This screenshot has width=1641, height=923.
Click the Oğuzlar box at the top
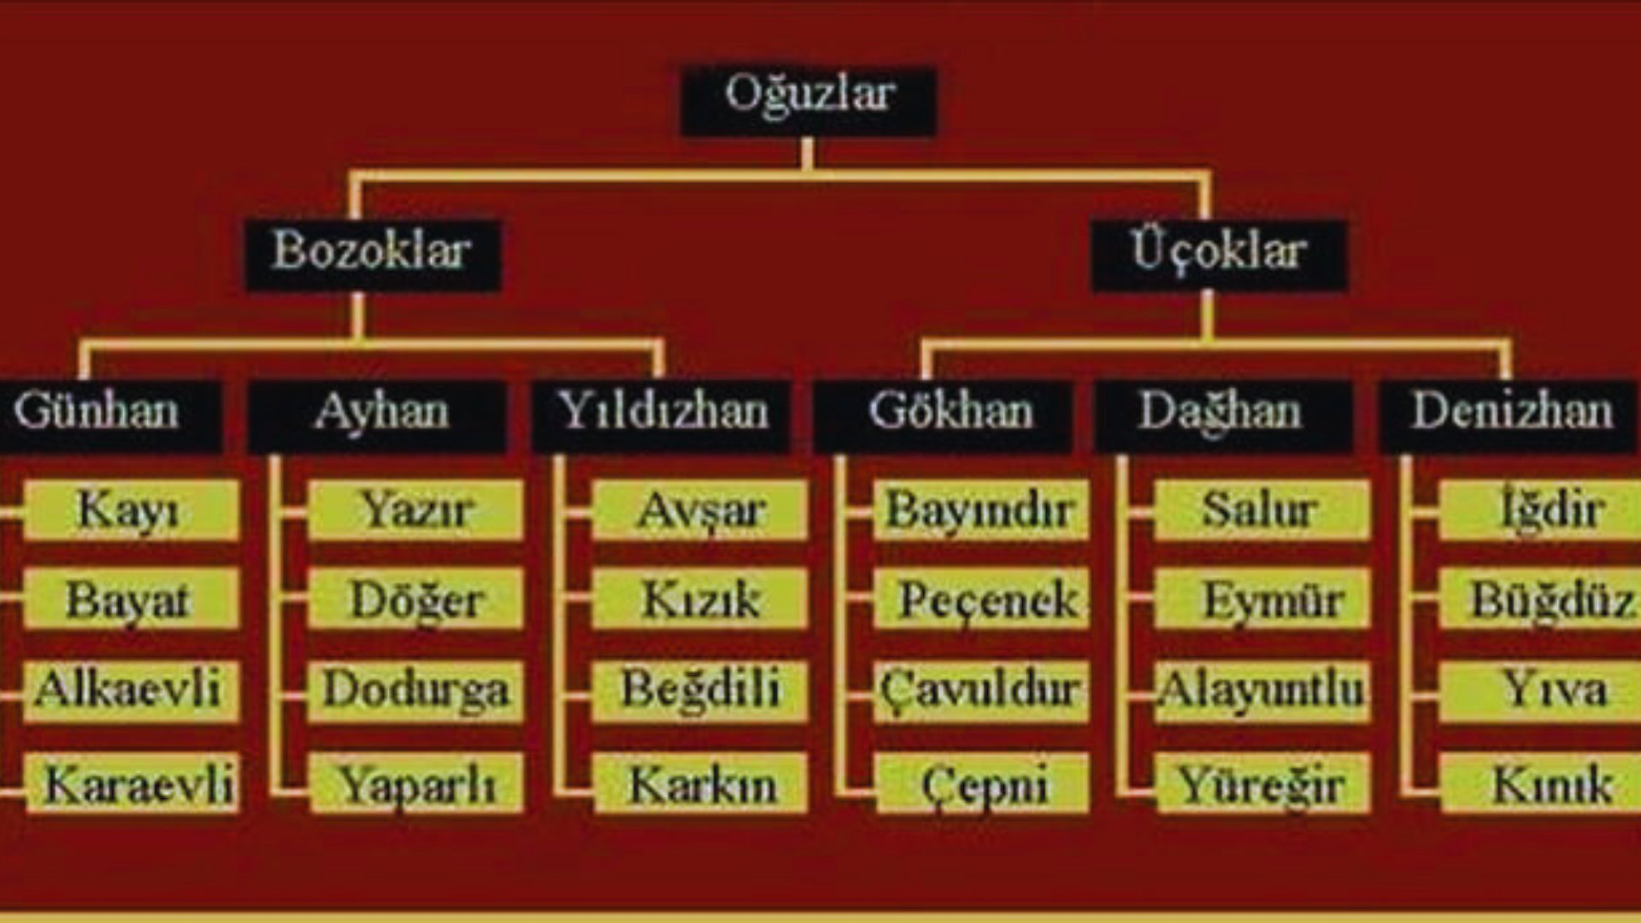pos(808,101)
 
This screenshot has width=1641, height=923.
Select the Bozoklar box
pos(373,256)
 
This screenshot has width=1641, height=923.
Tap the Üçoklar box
pos(1220,256)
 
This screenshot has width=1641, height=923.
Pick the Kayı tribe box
pos(131,510)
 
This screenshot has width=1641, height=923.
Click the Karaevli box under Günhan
pos(132,783)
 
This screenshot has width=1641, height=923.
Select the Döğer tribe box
pos(415,599)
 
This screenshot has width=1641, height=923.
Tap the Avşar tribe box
pos(699,510)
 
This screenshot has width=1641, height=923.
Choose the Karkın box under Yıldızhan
pos(701,783)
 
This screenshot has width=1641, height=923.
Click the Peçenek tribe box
pos(981,599)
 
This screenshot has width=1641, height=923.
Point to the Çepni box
pos(983,783)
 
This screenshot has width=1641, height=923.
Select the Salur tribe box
pos(1262,510)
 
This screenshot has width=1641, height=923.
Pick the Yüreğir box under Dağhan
pos(1263,783)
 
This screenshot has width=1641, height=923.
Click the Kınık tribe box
pos(1541,783)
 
